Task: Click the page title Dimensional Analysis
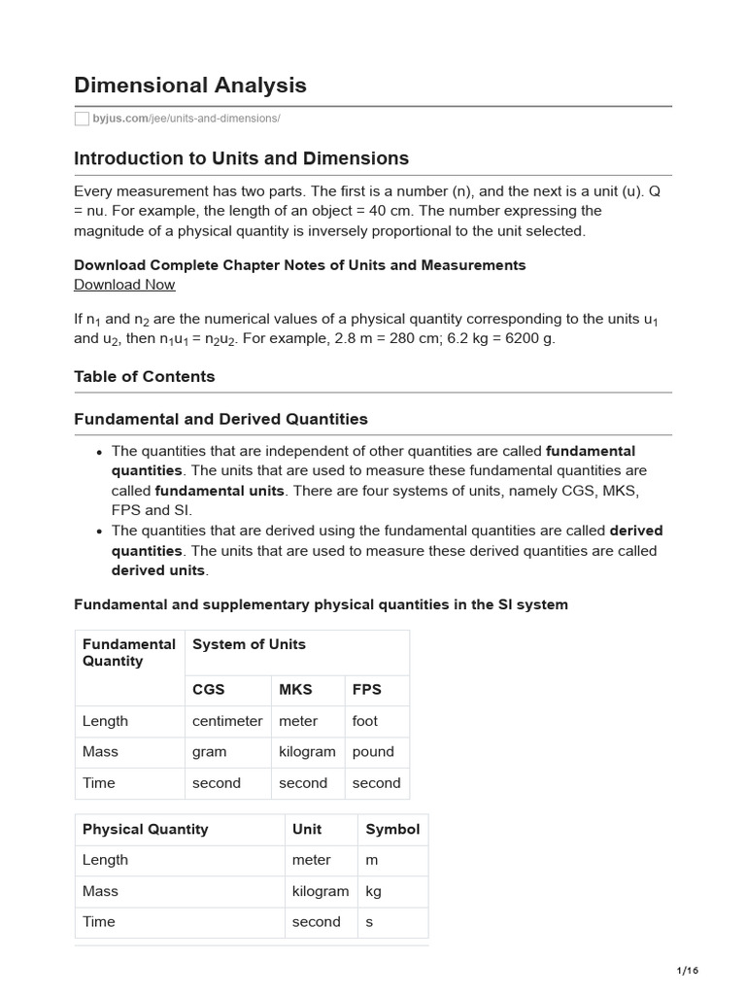point(190,86)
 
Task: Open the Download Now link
point(124,285)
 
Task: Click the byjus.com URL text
point(186,119)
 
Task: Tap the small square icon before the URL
point(82,119)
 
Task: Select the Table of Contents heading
point(145,376)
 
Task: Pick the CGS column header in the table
point(209,689)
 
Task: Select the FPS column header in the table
point(367,689)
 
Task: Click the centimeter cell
point(227,721)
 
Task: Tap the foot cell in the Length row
point(365,721)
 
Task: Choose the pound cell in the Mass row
point(373,751)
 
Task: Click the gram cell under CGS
point(210,751)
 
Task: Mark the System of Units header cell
point(249,644)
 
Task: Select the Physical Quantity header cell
point(146,829)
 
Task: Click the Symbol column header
point(392,829)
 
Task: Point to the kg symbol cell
point(374,891)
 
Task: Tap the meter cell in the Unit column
point(311,860)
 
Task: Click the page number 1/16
point(687,971)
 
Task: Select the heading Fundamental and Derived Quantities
point(221,419)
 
